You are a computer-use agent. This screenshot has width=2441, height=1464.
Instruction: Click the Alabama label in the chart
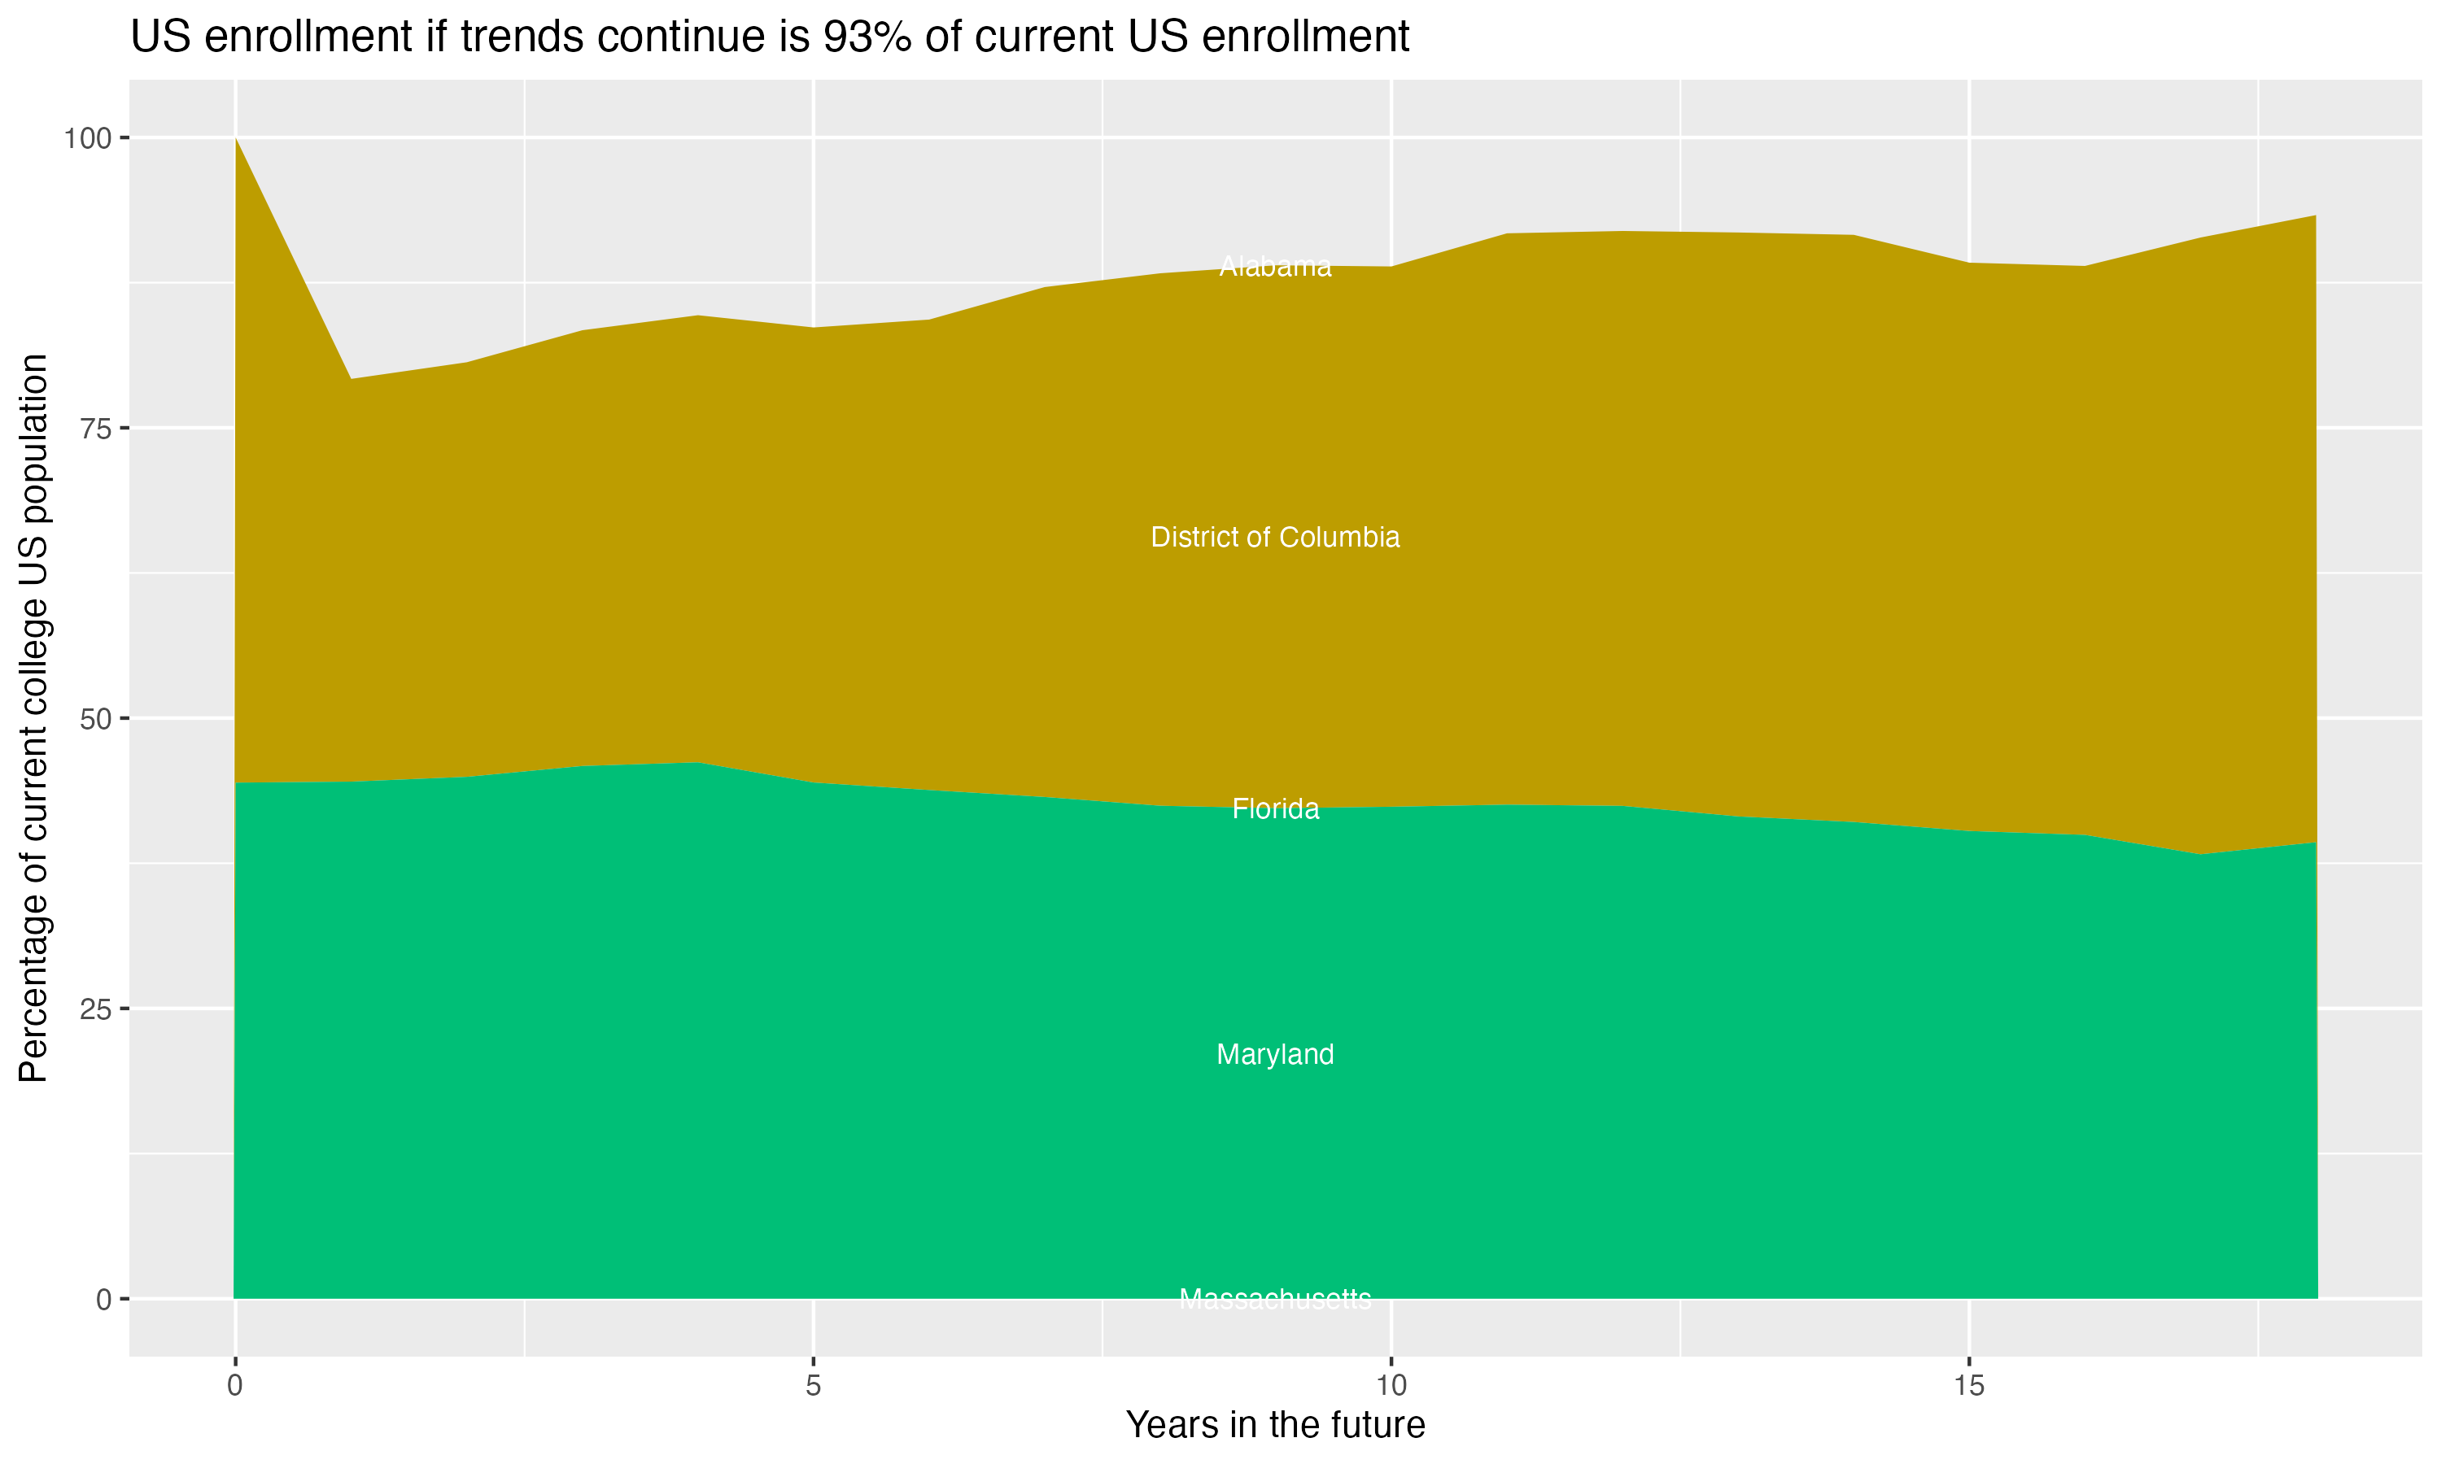coord(1275,266)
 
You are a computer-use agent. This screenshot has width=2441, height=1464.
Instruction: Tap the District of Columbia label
coord(1275,538)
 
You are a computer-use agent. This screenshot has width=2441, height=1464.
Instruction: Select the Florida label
coord(1275,809)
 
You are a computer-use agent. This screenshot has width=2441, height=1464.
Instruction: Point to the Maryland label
coord(1275,1055)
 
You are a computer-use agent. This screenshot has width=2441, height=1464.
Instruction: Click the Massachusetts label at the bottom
coord(1275,1299)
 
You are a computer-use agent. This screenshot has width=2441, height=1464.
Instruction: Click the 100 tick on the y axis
coord(87,138)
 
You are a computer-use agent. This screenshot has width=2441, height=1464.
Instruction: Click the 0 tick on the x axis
coord(235,1386)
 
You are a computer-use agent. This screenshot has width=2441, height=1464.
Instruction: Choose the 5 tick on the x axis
coord(813,1386)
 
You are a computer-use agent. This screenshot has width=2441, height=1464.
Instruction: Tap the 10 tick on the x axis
coord(1391,1386)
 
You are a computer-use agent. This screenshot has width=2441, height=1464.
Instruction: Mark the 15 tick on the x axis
coord(1968,1386)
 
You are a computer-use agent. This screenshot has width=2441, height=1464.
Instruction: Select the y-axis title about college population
coord(33,717)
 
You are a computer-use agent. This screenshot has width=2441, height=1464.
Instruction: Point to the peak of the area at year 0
coord(236,139)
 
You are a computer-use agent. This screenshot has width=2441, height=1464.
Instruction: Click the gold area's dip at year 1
coord(350,379)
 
